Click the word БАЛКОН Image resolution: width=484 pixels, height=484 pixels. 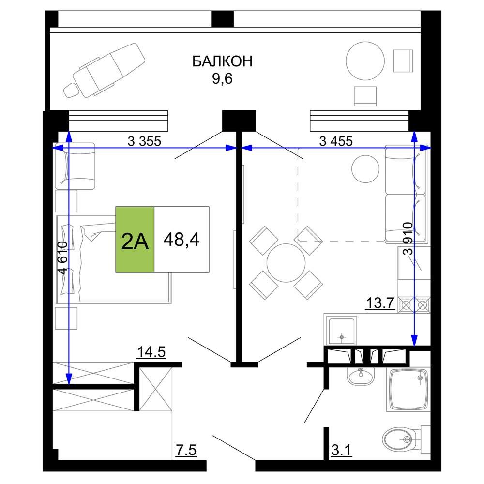click(x=222, y=61)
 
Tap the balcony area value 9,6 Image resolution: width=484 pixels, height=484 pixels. click(x=222, y=79)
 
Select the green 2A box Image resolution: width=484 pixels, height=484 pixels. click(x=135, y=240)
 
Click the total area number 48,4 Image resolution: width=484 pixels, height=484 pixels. click(x=181, y=239)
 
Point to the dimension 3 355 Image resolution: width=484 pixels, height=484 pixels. click(x=144, y=141)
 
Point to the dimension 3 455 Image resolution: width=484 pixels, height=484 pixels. click(x=336, y=141)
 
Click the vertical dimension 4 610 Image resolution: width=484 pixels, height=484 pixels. click(x=62, y=258)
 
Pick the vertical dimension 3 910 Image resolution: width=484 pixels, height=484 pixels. click(x=408, y=238)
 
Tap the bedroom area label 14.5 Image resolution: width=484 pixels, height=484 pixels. click(x=151, y=352)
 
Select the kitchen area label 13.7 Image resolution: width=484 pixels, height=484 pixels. click(x=380, y=303)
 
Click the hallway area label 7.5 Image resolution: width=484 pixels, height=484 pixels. click(x=186, y=450)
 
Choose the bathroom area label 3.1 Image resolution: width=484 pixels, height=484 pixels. click(x=341, y=450)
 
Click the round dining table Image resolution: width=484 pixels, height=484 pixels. click(x=286, y=263)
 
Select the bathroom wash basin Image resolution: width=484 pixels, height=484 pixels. click(x=361, y=376)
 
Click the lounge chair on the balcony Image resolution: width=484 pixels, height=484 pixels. click(x=105, y=70)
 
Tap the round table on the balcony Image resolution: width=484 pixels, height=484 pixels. click(x=365, y=61)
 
